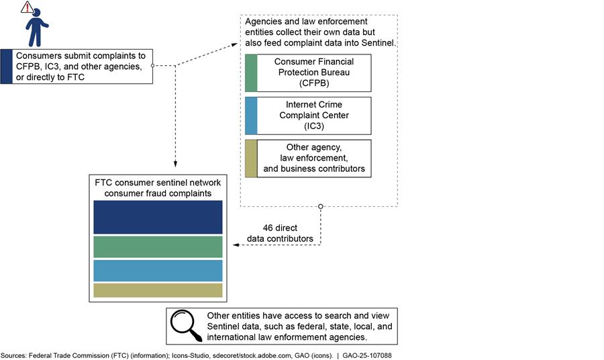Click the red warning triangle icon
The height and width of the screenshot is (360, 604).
click(x=27, y=7)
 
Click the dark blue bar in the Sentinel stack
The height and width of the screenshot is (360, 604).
click(x=158, y=217)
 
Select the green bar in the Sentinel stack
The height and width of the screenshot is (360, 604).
click(x=158, y=246)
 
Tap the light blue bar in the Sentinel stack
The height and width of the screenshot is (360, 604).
click(x=158, y=270)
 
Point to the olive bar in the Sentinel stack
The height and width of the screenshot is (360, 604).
click(x=158, y=290)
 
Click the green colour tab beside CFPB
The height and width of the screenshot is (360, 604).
click(x=251, y=73)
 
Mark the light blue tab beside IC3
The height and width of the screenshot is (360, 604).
click(x=251, y=116)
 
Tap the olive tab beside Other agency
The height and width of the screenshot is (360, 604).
click(x=251, y=159)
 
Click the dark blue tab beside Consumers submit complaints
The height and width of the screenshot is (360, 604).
click(x=6, y=66)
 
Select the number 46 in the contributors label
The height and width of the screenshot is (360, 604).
click(x=269, y=228)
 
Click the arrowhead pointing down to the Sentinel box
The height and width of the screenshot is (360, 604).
click(x=175, y=164)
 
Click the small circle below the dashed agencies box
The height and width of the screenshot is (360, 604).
click(x=321, y=206)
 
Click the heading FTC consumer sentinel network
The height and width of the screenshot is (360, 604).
click(x=158, y=183)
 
